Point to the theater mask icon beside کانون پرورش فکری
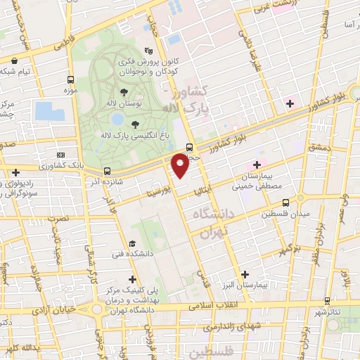coord(148,51)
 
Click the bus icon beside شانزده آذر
coord(107,171)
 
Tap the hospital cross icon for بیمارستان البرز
coord(244,274)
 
